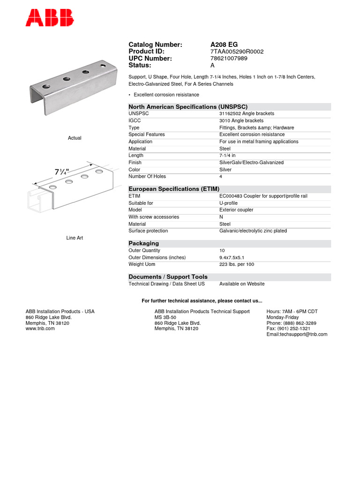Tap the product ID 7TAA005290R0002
click(x=237, y=52)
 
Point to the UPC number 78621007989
click(x=229, y=59)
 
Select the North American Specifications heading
click(x=188, y=107)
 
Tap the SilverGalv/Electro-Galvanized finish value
click(x=251, y=163)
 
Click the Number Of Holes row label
click(x=147, y=177)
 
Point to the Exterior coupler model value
click(x=236, y=210)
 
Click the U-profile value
click(x=228, y=203)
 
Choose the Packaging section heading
click(x=144, y=244)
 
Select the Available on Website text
click(x=242, y=284)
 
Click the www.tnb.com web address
click(x=40, y=329)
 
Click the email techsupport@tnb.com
click(x=297, y=334)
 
